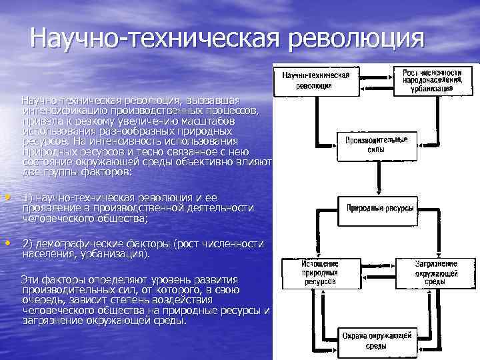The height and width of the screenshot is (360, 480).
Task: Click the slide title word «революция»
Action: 357,37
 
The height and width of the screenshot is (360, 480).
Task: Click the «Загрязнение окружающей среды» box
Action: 436,273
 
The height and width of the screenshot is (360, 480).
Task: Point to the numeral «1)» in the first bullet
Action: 27,199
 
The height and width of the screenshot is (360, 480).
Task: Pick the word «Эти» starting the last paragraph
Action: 31,277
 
